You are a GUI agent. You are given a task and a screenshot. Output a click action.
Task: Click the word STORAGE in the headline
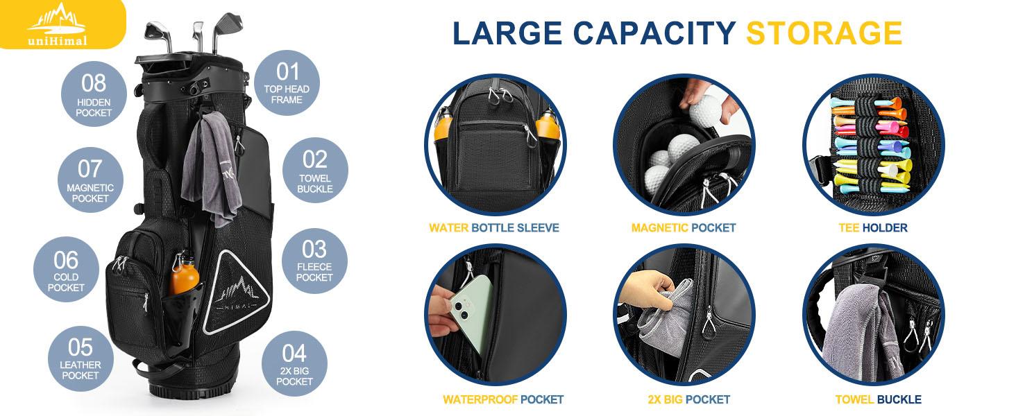[x=824, y=33]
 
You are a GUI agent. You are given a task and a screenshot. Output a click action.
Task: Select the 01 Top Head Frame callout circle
[x=287, y=83]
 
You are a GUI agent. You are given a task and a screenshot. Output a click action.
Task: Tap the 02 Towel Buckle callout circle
[x=315, y=171]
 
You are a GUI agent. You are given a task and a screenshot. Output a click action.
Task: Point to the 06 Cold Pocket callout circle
[x=66, y=270]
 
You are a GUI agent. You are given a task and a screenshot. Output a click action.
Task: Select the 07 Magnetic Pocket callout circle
[x=90, y=180]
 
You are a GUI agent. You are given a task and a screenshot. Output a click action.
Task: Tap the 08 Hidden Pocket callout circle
[x=94, y=94]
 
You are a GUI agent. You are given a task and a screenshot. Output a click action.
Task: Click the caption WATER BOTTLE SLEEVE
[x=493, y=227]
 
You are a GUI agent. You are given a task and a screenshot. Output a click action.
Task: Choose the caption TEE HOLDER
[x=872, y=227]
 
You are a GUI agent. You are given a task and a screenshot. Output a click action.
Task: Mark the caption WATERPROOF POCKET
[x=503, y=399]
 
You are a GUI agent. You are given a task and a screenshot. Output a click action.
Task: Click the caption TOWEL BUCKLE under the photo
[x=878, y=399]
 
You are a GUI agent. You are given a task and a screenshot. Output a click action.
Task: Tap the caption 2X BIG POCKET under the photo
[x=684, y=399]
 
